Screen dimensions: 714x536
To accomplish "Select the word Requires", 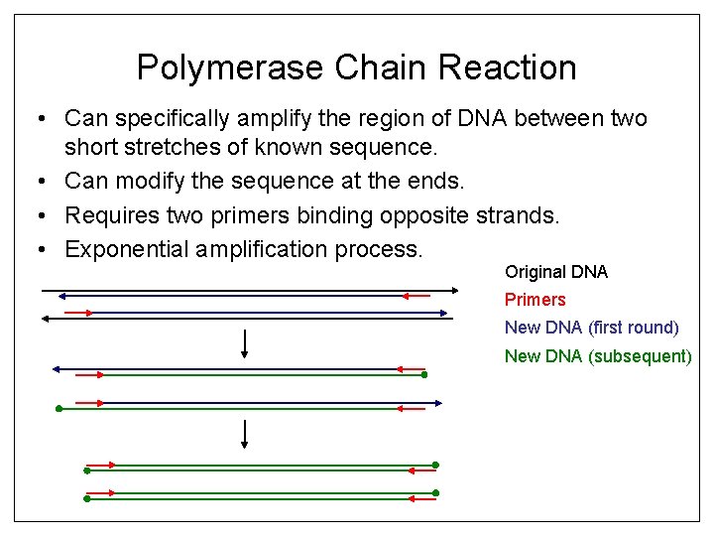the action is coord(110,215).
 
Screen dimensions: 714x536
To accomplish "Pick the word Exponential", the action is coord(126,248).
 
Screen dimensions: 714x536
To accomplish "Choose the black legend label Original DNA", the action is coord(555,272).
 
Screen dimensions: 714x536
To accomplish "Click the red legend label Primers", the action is coord(535,300).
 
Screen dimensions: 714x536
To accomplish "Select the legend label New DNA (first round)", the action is coord(591,328).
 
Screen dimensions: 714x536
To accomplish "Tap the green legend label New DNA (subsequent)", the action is coord(597,355).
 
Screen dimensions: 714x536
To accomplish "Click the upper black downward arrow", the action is coord(244,343).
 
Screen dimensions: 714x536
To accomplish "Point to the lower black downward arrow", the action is coord(244,434).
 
